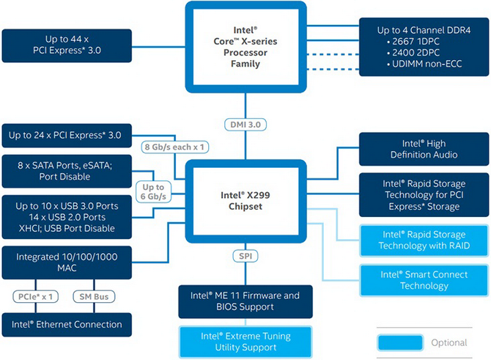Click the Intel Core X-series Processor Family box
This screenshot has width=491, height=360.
(x=245, y=48)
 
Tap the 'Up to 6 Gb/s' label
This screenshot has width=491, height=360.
(x=153, y=191)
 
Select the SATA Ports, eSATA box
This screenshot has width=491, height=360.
(x=66, y=171)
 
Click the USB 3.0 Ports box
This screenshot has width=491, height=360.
(x=66, y=216)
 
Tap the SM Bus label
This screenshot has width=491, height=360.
(x=92, y=296)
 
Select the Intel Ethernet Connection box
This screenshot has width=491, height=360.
(x=66, y=323)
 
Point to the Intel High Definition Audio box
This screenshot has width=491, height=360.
(x=424, y=149)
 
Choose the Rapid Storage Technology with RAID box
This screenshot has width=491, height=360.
(x=424, y=239)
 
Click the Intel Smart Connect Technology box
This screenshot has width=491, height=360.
(x=424, y=279)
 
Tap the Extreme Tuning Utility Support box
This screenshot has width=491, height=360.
(x=245, y=342)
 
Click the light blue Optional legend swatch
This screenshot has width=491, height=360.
(x=400, y=342)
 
